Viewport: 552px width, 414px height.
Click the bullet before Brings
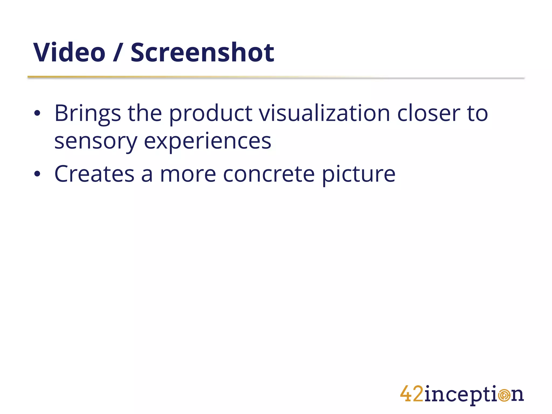[37, 113]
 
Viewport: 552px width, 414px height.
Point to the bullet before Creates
[37, 174]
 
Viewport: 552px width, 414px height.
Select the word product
[211, 114]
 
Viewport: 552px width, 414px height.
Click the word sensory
[96, 142]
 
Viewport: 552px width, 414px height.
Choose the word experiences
[208, 142]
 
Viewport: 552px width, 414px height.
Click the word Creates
[94, 174]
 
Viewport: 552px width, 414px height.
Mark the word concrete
[269, 174]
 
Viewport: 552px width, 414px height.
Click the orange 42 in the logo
[412, 394]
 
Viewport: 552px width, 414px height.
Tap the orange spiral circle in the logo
[503, 395]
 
